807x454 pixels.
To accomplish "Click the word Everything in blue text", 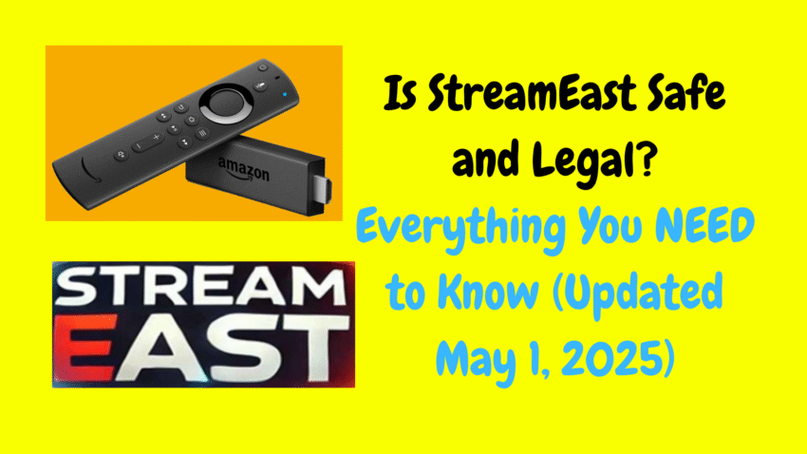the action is pos(462,229).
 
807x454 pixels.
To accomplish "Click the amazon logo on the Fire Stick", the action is pos(243,169).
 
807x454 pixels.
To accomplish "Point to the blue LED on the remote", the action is pos(285,94).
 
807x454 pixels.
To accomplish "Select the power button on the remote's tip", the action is pos(263,67).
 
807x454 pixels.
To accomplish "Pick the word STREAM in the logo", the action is pos(199,287).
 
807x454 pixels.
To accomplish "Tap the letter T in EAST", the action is pos(314,348).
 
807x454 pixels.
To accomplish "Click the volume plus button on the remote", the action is pos(156,138).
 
